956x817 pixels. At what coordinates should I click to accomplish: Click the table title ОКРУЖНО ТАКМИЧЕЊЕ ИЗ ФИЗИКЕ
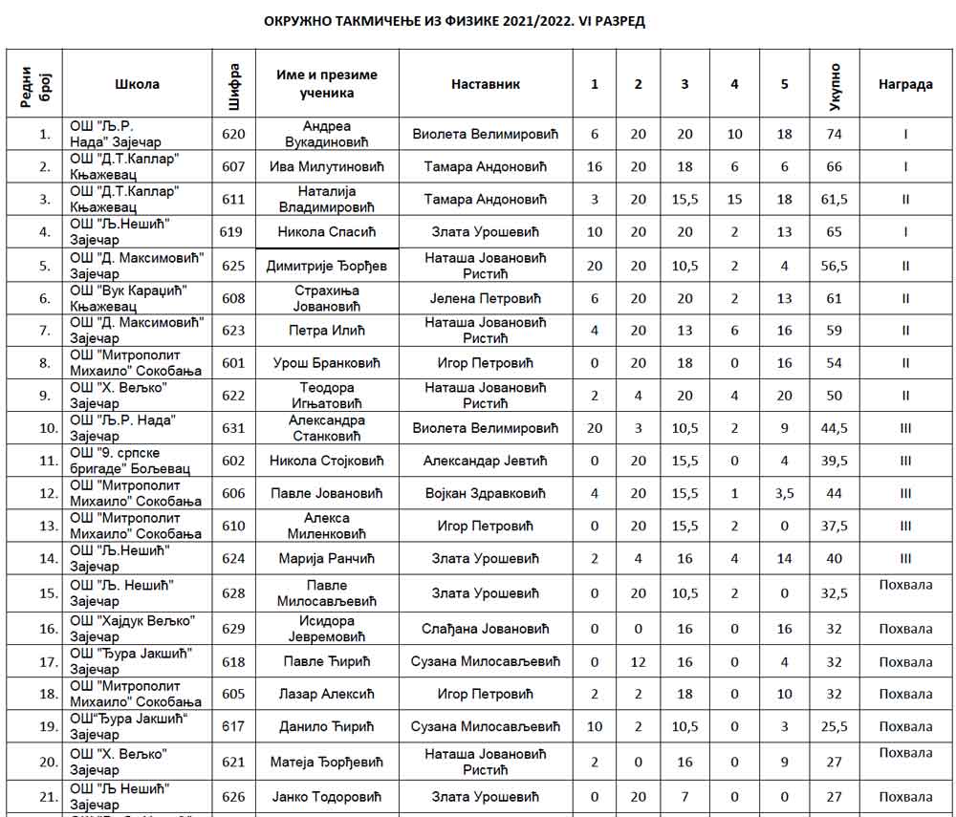(x=454, y=21)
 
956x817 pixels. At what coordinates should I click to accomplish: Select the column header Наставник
(x=486, y=84)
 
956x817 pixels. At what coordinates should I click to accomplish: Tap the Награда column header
(x=904, y=84)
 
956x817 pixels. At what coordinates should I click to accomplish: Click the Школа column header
(x=137, y=84)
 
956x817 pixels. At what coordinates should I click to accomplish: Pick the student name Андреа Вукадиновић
(x=327, y=134)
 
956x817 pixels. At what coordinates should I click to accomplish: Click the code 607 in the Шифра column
(x=233, y=166)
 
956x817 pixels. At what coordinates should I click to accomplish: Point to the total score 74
(x=834, y=134)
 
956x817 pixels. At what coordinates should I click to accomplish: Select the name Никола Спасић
(x=327, y=231)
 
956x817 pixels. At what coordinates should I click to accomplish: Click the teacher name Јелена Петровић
(x=486, y=298)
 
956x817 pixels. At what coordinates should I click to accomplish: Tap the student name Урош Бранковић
(x=327, y=363)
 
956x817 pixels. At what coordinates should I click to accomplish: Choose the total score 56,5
(x=834, y=266)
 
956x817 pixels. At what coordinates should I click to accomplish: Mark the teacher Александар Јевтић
(x=486, y=461)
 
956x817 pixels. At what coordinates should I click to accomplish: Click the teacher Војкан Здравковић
(x=486, y=493)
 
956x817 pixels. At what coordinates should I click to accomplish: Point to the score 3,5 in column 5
(x=784, y=493)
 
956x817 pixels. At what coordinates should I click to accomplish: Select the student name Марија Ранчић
(x=327, y=558)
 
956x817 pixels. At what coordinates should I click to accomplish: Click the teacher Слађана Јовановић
(x=486, y=629)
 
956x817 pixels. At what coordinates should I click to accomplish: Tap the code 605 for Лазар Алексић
(x=233, y=694)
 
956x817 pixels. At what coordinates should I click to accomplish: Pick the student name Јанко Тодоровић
(x=327, y=797)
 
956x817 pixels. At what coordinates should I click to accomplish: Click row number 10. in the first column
(x=44, y=428)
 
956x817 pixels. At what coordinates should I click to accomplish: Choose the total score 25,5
(x=834, y=726)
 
